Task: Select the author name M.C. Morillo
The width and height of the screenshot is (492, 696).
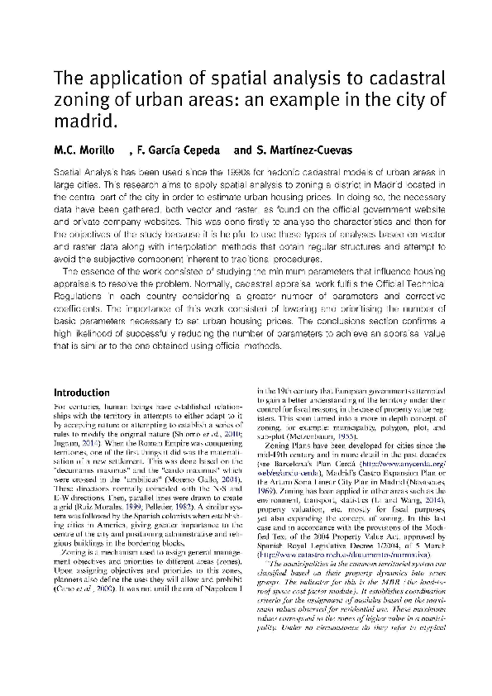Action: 83,150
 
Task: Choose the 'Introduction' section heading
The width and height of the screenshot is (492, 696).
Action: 81,393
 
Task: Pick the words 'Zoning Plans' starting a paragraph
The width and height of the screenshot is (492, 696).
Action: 288,446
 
